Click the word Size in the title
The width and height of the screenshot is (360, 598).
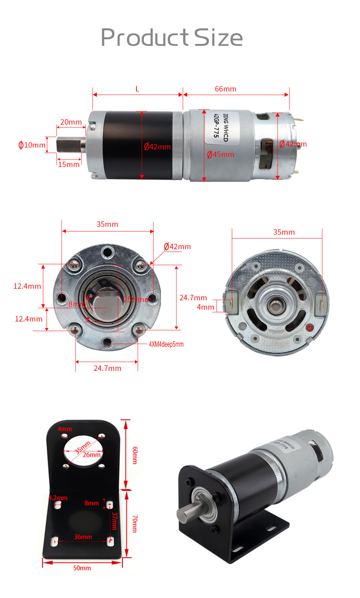point(219,37)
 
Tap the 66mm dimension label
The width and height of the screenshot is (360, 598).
point(225,89)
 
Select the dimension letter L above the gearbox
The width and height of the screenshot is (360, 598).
point(137,89)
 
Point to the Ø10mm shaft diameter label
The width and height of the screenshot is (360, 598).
point(32,145)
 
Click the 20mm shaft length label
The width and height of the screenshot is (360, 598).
point(71,122)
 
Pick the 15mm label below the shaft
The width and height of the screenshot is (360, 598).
point(69,165)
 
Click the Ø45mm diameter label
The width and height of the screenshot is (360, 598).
point(220,154)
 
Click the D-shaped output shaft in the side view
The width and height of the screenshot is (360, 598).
point(68,145)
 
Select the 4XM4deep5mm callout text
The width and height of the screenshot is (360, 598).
point(166,344)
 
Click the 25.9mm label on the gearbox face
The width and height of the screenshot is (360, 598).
point(137,300)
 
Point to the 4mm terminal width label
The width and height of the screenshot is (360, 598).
point(205,307)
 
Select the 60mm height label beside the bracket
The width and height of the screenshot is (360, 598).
point(135,455)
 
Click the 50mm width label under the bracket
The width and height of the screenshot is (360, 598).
point(82,568)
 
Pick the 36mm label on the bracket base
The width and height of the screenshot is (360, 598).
point(83,537)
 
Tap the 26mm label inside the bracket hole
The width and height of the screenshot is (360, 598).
point(91,455)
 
